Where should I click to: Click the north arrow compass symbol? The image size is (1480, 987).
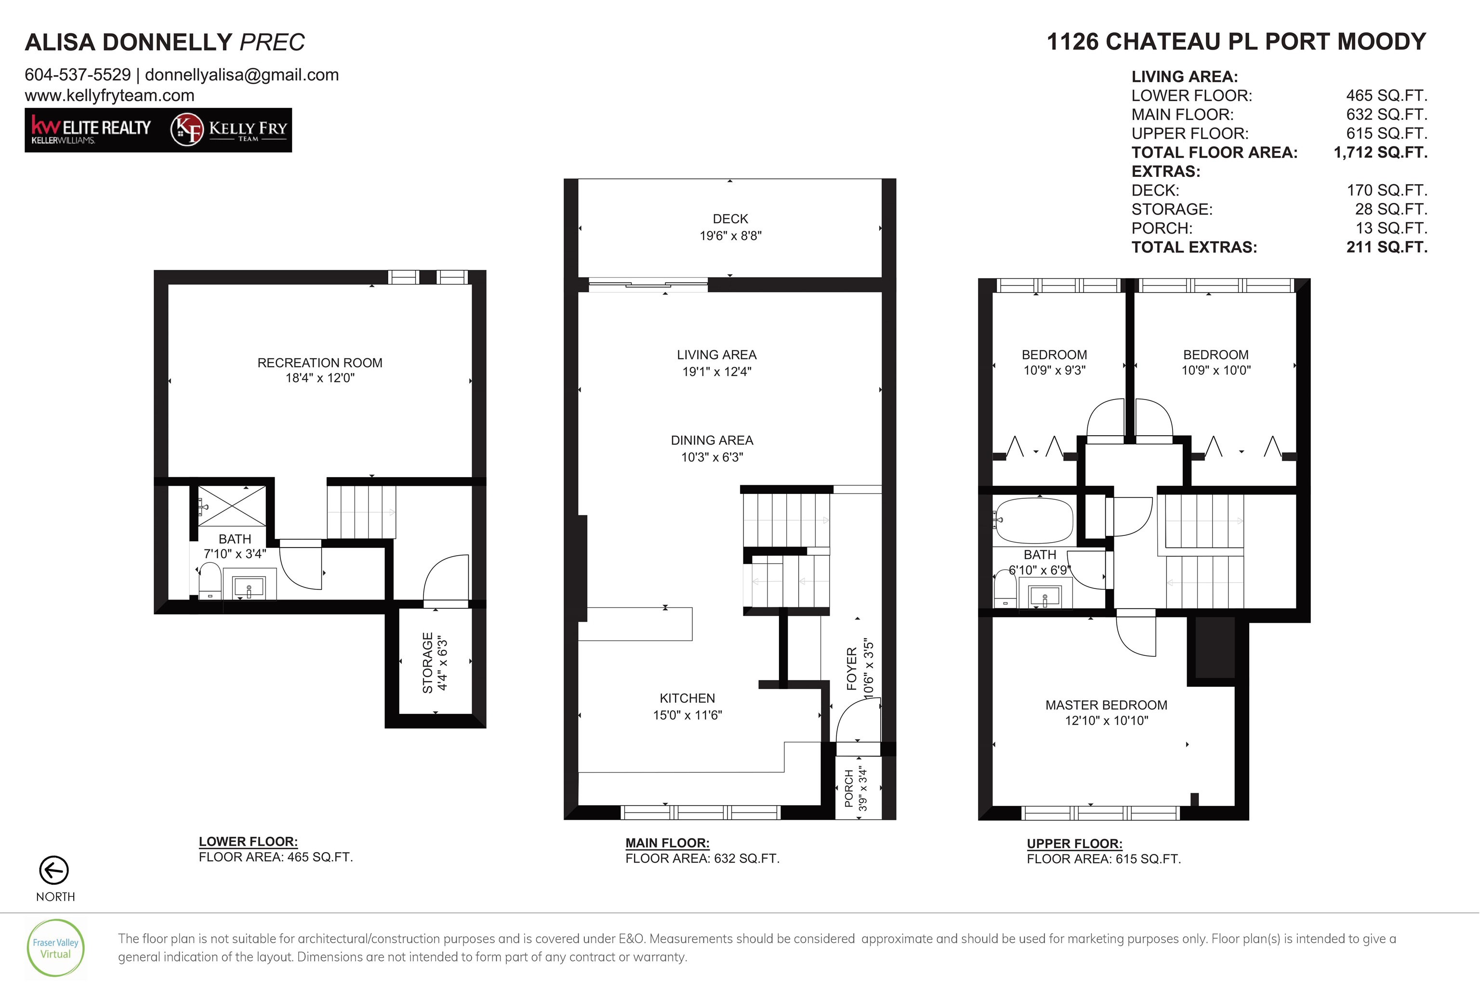tap(54, 870)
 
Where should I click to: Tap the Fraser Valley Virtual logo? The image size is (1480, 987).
tap(55, 948)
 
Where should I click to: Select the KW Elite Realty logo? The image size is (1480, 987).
tap(91, 130)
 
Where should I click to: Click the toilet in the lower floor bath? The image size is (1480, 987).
tap(210, 580)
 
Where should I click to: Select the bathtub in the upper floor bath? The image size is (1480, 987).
tap(1034, 520)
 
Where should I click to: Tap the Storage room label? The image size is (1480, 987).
tap(428, 663)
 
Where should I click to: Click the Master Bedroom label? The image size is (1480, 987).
tap(1106, 705)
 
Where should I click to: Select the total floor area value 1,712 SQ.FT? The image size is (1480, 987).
tap(1381, 153)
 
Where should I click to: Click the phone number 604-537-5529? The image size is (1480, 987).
tap(78, 75)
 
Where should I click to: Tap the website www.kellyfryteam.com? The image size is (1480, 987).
tap(109, 96)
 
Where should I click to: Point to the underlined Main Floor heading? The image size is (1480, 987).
tap(667, 843)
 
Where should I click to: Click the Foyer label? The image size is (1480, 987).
tap(852, 668)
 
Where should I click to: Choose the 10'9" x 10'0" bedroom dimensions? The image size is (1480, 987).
tap(1216, 371)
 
